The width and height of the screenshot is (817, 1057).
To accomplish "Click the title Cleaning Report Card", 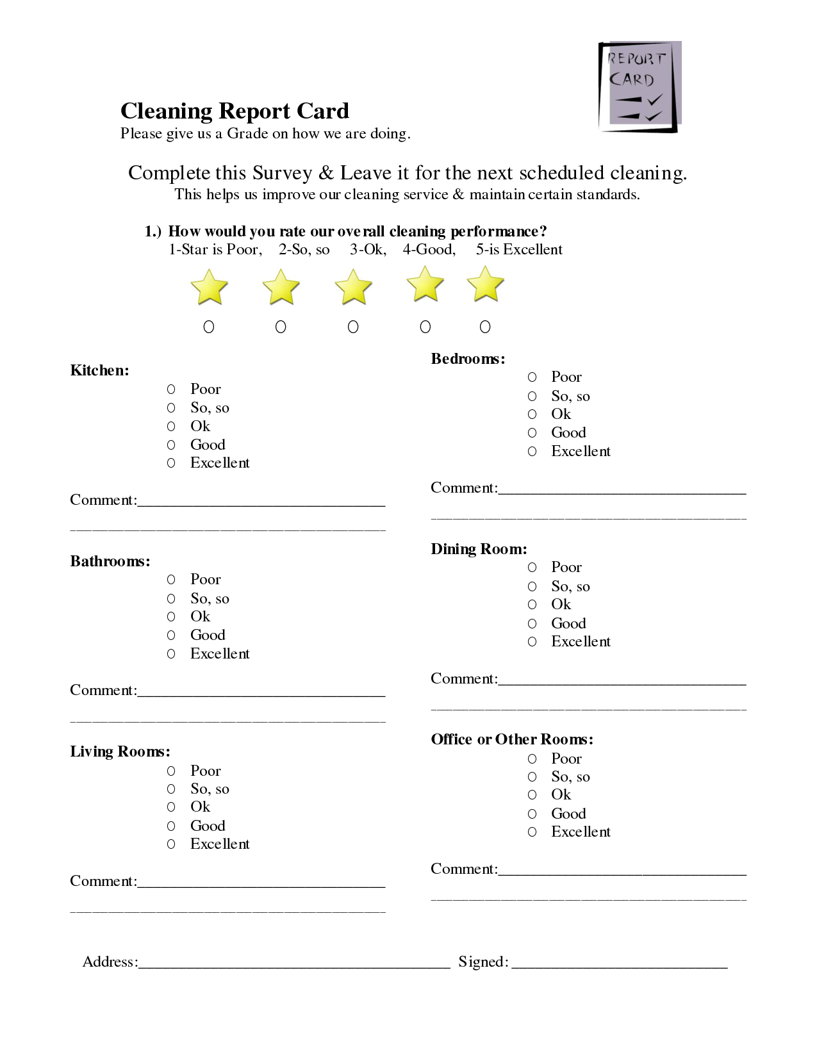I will pyautogui.click(x=235, y=111).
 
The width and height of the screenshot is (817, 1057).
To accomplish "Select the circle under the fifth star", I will pyautogui.click(x=485, y=327).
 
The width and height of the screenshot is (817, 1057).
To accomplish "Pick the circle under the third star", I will pyautogui.click(x=353, y=327).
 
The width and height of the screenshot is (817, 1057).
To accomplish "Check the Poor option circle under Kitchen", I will pyautogui.click(x=171, y=389).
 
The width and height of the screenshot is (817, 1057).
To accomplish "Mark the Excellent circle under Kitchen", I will pyautogui.click(x=171, y=463).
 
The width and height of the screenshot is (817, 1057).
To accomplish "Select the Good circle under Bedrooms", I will pyautogui.click(x=532, y=432).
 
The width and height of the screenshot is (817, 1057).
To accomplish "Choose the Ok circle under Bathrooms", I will pyautogui.click(x=171, y=616).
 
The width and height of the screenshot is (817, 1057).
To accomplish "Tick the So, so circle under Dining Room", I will pyautogui.click(x=532, y=586).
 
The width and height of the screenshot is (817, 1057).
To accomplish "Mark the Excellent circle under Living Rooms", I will pyautogui.click(x=171, y=844).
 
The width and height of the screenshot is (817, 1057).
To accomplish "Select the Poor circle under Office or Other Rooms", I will pyautogui.click(x=532, y=758).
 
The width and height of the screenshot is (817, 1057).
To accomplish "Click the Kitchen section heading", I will pyautogui.click(x=99, y=370).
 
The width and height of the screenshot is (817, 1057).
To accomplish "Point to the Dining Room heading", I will pyautogui.click(x=479, y=549).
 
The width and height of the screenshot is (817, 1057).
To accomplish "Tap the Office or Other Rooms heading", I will pyautogui.click(x=512, y=739).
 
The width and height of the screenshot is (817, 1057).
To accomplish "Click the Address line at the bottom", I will pyautogui.click(x=294, y=962).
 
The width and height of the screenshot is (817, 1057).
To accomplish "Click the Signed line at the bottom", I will pyautogui.click(x=619, y=962).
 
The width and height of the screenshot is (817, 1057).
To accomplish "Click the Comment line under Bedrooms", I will pyautogui.click(x=622, y=489).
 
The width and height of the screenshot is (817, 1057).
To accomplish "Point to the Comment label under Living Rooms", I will pyautogui.click(x=103, y=881).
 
